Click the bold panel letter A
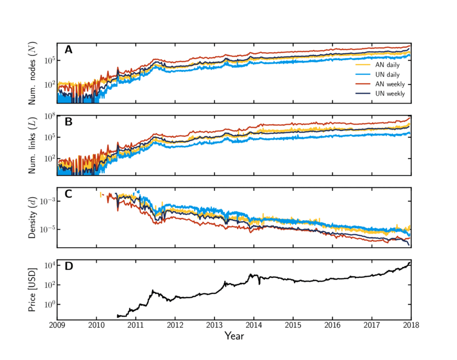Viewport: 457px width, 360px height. coord(68,50)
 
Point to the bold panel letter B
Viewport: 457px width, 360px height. coord(68,122)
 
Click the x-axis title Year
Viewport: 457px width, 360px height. coord(234,336)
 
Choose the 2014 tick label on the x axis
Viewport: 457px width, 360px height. coord(254,325)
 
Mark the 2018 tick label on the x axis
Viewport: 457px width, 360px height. coord(411,325)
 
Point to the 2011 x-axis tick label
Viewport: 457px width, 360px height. coord(135,325)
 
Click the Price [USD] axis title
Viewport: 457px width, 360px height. coord(34,290)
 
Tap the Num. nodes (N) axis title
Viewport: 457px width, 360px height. coord(34,73)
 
